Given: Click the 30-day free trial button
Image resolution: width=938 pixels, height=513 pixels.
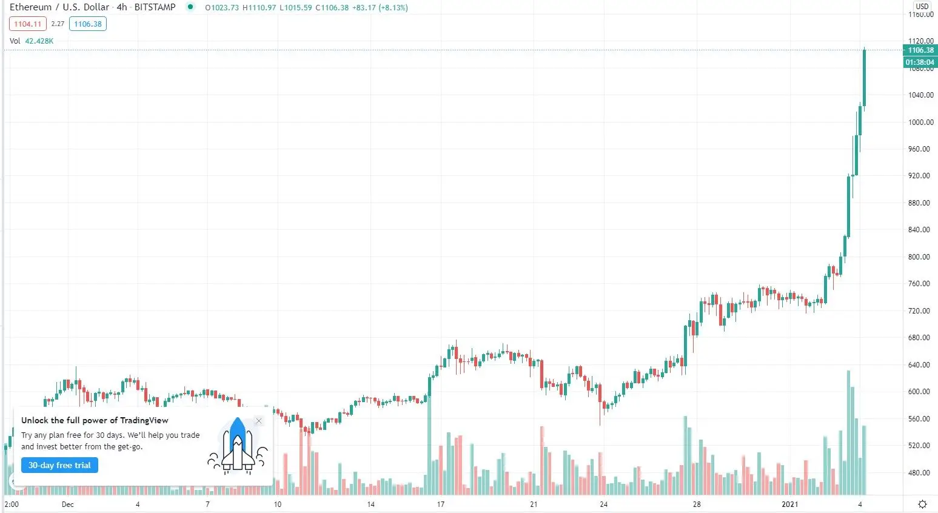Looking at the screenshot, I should [59, 465].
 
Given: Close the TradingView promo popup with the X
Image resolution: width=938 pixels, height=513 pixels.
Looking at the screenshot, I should [259, 421].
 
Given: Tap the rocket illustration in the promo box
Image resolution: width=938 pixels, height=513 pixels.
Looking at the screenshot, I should [237, 445].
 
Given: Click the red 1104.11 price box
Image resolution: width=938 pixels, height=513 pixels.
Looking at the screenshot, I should [28, 24].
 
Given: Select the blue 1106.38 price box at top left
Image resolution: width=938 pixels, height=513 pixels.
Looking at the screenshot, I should [88, 24].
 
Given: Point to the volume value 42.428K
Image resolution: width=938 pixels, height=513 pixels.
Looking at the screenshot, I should [39, 41].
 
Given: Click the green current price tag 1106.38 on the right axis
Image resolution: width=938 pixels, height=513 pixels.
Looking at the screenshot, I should [920, 50].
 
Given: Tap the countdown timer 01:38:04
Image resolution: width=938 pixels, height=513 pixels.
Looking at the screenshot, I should [920, 62].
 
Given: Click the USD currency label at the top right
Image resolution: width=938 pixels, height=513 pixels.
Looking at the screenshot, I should [922, 7].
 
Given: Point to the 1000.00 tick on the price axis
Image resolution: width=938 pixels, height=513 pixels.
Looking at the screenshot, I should [920, 122].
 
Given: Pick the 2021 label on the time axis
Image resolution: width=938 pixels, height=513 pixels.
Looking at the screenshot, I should [789, 505].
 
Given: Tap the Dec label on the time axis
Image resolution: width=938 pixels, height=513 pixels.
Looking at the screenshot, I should [68, 505].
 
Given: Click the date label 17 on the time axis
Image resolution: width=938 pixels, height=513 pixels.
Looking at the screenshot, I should [441, 505].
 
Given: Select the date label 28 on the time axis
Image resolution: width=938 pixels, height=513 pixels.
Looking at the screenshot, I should [697, 505].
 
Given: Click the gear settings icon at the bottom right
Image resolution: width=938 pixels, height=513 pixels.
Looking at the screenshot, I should [922, 505].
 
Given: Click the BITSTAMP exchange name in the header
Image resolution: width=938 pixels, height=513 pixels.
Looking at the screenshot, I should [155, 7].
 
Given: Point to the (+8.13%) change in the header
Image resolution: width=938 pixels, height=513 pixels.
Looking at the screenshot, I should [393, 8].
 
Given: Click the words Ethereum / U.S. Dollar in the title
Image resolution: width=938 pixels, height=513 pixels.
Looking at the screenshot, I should [59, 7].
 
